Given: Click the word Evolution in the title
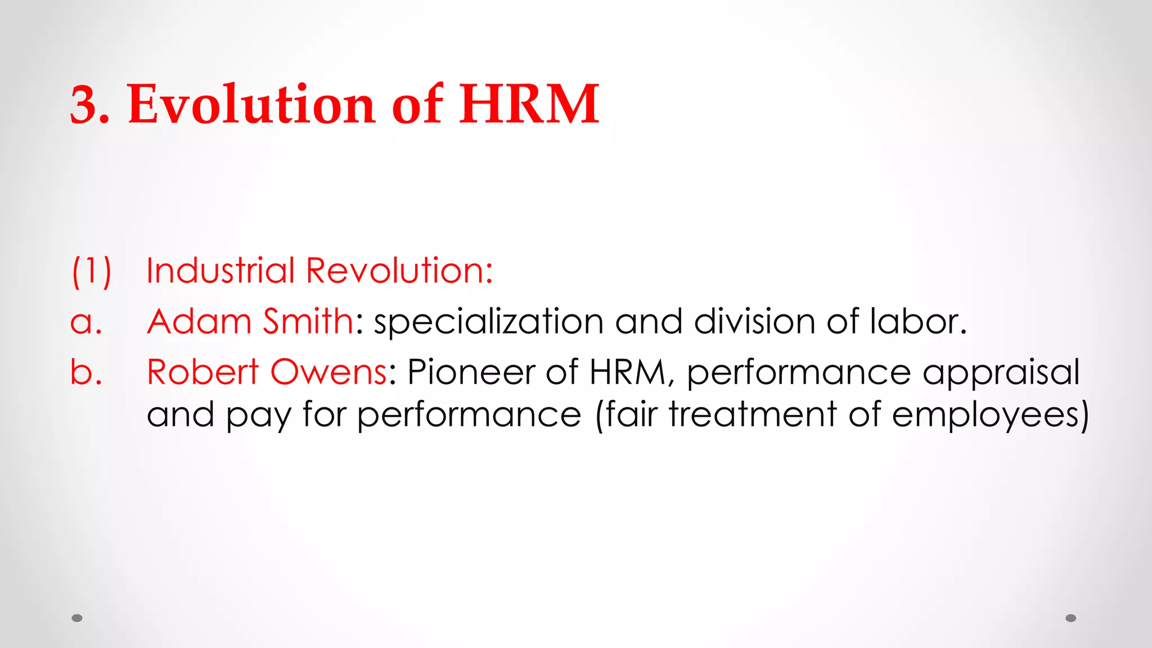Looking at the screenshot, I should tap(251, 104).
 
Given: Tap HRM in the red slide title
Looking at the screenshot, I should tap(529, 104).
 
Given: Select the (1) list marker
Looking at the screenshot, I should tap(92, 271).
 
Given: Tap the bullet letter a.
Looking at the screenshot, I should tap(85, 322).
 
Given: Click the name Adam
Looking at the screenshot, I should tap(199, 321).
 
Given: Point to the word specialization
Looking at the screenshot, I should tap(488, 322).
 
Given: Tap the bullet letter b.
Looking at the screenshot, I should tap(85, 372).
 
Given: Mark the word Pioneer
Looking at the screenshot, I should tap(471, 372).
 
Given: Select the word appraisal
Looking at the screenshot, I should tap(1001, 373).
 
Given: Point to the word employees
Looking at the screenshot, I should tap(990, 416).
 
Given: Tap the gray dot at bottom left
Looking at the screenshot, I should tap(77, 618).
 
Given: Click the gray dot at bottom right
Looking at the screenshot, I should tap(1071, 618).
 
